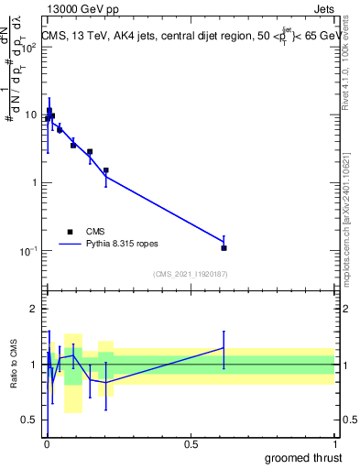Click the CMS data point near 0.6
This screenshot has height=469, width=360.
(224, 247)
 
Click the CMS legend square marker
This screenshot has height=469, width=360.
(69, 232)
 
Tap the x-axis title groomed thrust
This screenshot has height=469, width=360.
(302, 457)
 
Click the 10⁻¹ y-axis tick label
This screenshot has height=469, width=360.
(32, 251)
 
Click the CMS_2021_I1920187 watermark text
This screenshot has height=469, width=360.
(191, 273)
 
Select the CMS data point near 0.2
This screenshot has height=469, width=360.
(106, 170)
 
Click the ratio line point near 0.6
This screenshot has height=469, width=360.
(224, 348)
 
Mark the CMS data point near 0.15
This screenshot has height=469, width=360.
(90, 151)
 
